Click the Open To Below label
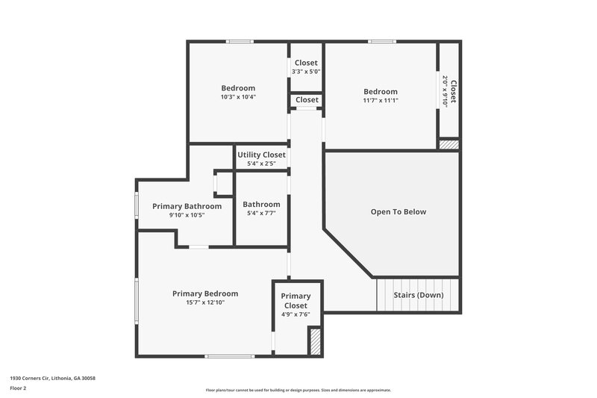tap(398, 212)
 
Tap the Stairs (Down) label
tap(419, 295)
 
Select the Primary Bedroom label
tap(205, 293)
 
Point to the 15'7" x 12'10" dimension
tap(205, 302)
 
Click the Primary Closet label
tap(296, 301)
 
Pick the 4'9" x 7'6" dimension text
tap(296, 315)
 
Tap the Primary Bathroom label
tap(187, 206)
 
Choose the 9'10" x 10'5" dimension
tap(187, 215)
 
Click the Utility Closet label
tap(261, 155)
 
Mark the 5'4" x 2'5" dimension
tap(261, 164)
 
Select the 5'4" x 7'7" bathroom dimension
tap(261, 214)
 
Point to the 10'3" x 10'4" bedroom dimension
tap(238, 97)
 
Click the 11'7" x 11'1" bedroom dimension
tap(381, 101)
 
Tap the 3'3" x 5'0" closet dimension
tap(306, 72)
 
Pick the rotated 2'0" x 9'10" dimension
tap(445, 92)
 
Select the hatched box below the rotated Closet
tap(448, 145)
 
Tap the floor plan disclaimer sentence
tap(298, 390)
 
